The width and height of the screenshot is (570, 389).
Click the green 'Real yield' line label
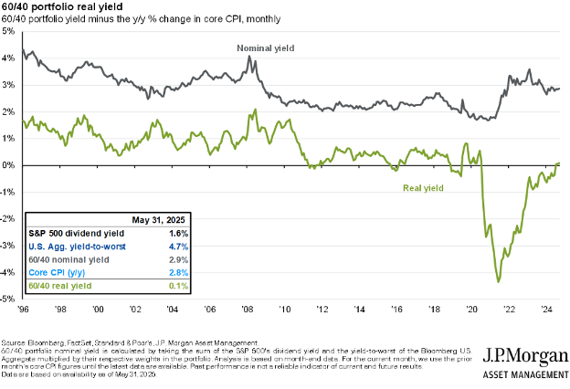click(x=425, y=188)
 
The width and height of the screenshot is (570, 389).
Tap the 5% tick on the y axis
click(x=7, y=31)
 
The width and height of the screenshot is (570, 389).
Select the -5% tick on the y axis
click(x=7, y=300)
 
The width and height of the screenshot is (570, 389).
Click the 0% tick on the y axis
click(x=7, y=165)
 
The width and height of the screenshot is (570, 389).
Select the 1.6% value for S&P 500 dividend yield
click(x=179, y=234)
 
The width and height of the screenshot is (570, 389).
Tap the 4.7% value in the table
click(x=179, y=247)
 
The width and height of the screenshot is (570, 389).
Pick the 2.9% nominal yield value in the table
click(x=179, y=259)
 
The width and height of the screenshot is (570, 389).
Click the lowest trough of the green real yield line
click(x=499, y=281)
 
